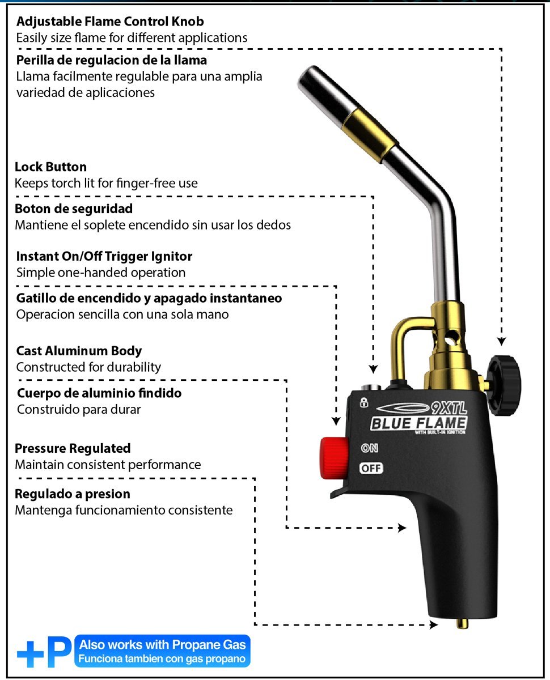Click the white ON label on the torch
pos(370,448)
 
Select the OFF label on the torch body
pos(371,468)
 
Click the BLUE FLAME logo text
pos(419,423)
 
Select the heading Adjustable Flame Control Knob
pos(110,22)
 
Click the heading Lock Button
pos(51,167)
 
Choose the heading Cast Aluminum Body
pos(79,351)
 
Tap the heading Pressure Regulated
pos(73,449)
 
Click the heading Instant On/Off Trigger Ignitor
pos(104,256)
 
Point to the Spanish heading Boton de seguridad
pos(74,209)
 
